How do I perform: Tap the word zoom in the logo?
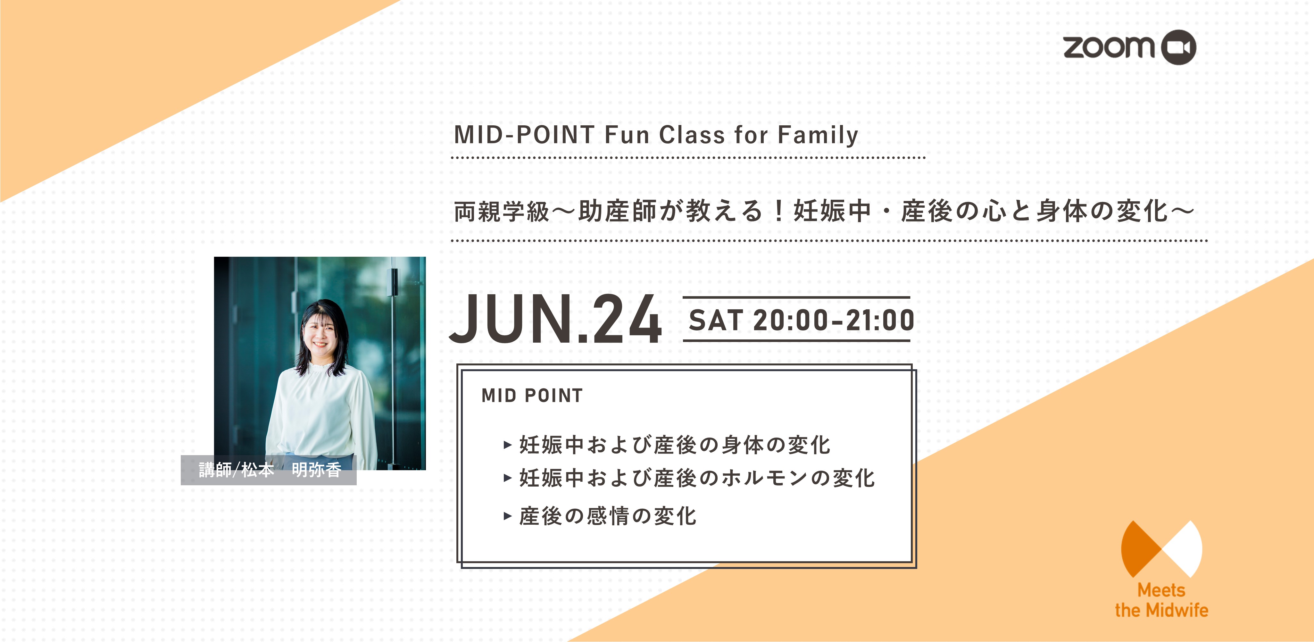click(x=1109, y=47)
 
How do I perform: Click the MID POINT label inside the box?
click(x=532, y=396)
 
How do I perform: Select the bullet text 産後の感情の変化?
click(x=608, y=516)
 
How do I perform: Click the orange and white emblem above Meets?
click(x=1161, y=549)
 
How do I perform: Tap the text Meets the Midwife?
click(x=1161, y=600)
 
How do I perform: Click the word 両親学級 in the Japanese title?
click(x=502, y=211)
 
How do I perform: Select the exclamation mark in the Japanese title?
click(x=778, y=211)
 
